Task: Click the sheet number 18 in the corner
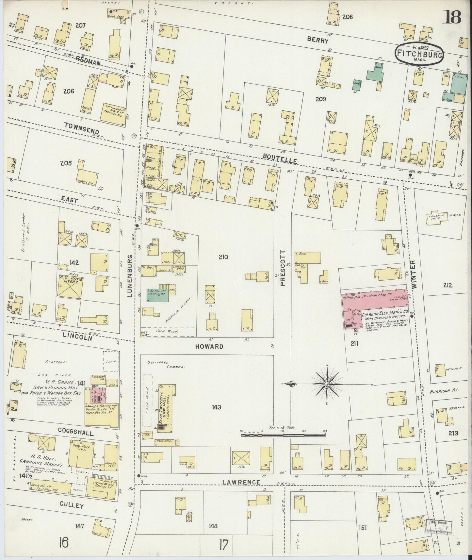click(x=452, y=17)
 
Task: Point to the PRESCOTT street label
click(x=283, y=268)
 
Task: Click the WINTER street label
click(x=414, y=274)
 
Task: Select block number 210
click(x=223, y=257)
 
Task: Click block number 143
click(x=216, y=407)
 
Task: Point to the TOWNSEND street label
click(x=77, y=125)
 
